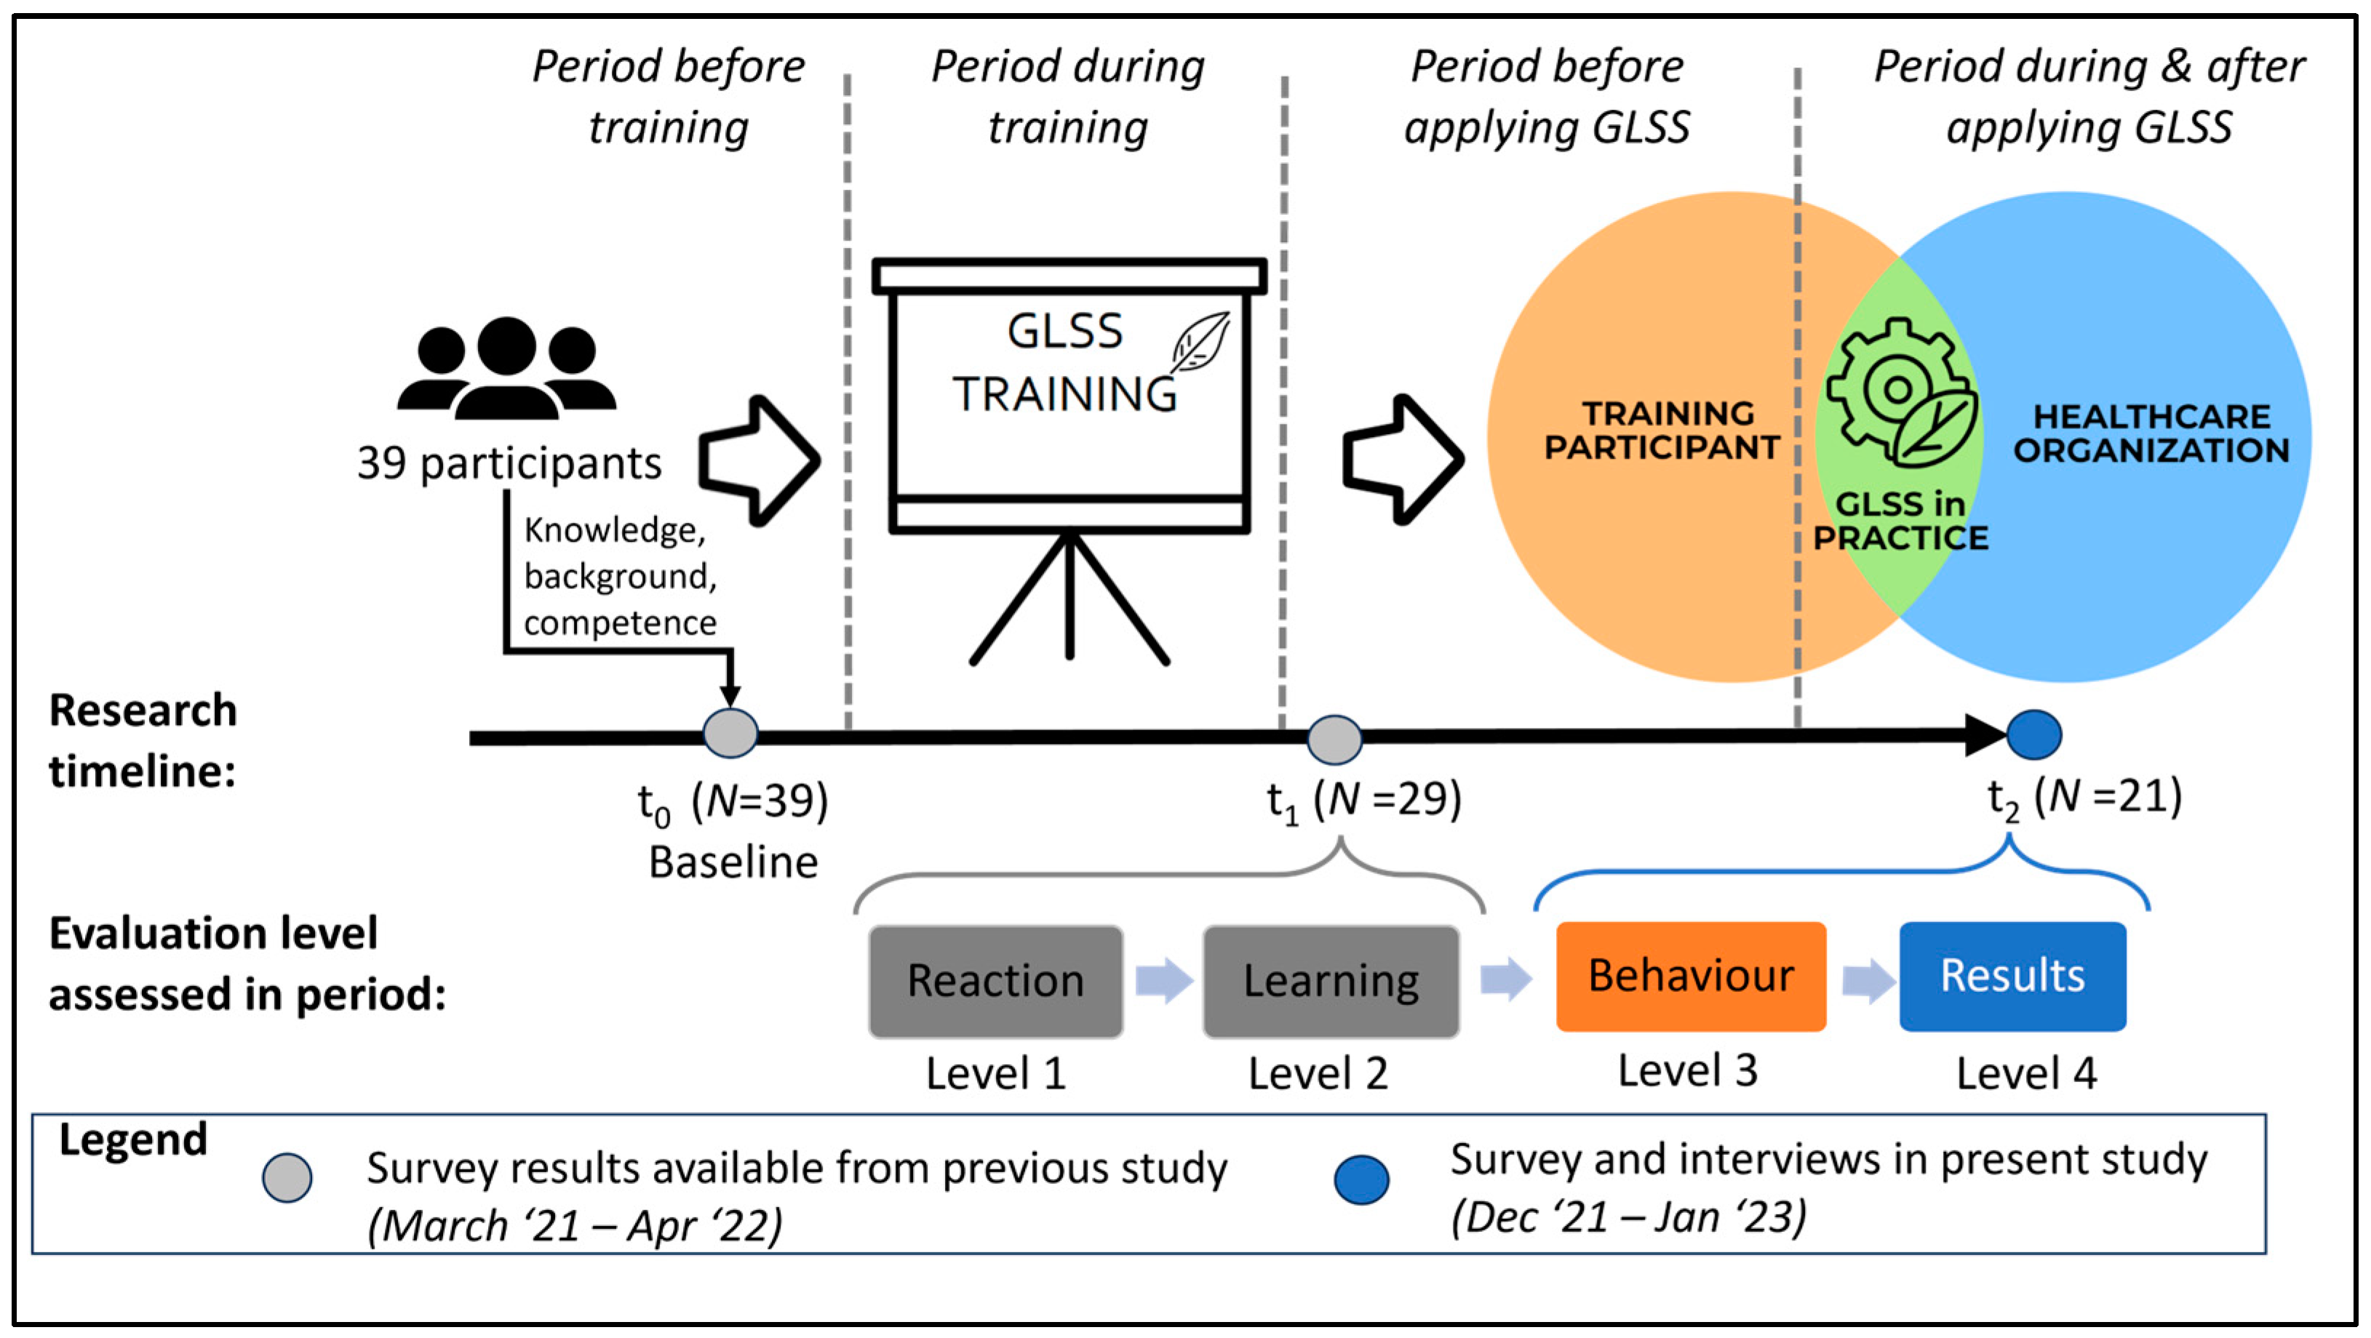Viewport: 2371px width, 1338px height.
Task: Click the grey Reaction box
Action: click(x=996, y=981)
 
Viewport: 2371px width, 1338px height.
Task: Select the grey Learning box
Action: click(x=1331, y=981)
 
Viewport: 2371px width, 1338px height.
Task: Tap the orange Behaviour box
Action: click(x=1691, y=977)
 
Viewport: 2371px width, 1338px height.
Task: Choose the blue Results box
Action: click(x=2013, y=977)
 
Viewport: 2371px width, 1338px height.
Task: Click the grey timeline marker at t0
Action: click(x=731, y=734)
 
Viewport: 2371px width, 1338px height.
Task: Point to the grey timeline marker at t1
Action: click(x=1334, y=740)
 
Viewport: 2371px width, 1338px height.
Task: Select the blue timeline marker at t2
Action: click(x=2034, y=735)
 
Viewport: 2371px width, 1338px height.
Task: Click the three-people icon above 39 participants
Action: click(x=507, y=368)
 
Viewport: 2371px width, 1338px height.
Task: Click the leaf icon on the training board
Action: click(x=1201, y=341)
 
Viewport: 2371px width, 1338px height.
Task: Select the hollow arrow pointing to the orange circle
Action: click(x=1403, y=460)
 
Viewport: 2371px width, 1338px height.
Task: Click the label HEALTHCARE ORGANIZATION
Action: click(x=2151, y=433)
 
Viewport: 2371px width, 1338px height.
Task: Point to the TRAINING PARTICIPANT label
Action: click(x=1662, y=430)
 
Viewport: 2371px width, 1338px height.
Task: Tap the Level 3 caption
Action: click(x=1688, y=1070)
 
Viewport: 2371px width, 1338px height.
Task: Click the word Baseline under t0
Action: click(x=733, y=862)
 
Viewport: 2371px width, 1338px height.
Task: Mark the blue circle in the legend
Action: click(x=1362, y=1179)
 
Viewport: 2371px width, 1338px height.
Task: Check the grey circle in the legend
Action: click(x=287, y=1178)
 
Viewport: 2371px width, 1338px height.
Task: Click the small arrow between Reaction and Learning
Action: click(x=1164, y=980)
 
